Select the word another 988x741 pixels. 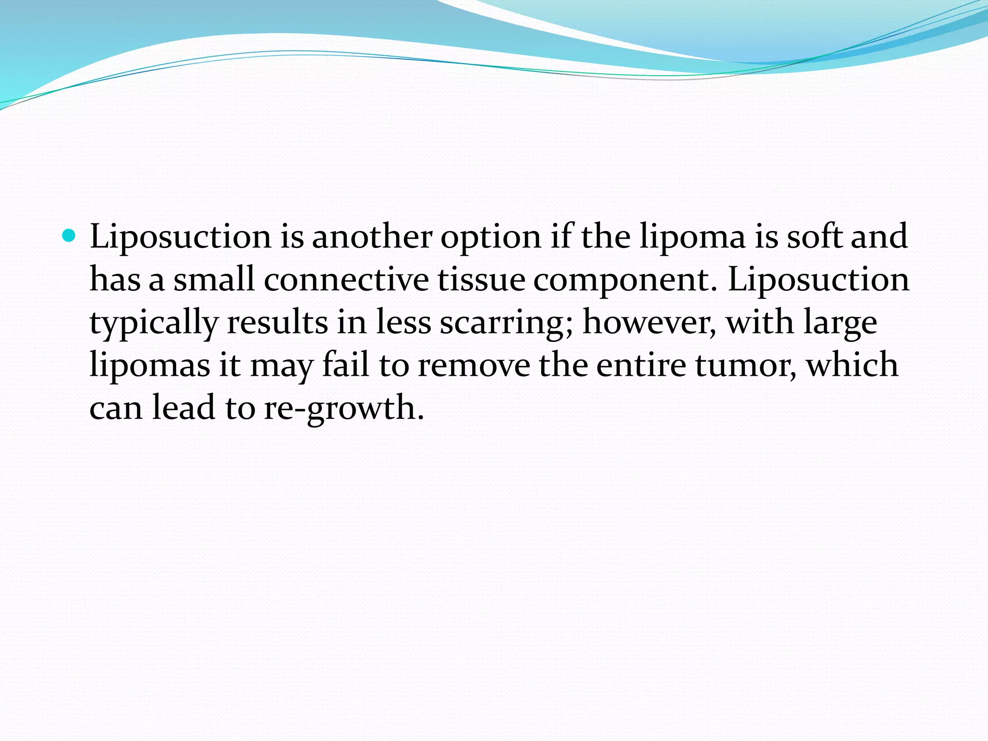371,237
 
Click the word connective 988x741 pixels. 346,280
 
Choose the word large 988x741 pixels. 840,323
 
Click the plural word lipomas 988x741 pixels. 150,366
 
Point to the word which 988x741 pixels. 852,365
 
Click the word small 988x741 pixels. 214,280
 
